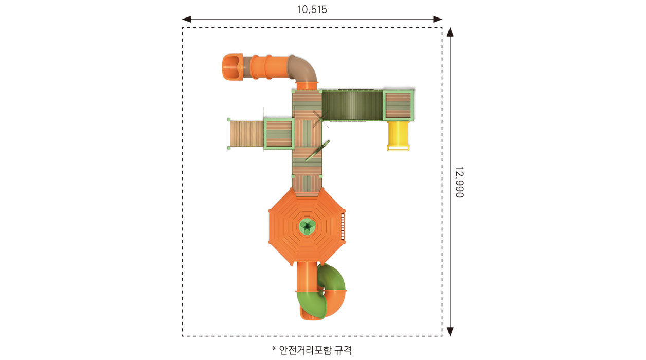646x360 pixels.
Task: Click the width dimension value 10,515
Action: tap(312, 10)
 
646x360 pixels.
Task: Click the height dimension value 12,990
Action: tap(459, 182)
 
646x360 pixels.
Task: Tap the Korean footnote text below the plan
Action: tap(312, 350)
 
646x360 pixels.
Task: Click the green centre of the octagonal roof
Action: tap(307, 226)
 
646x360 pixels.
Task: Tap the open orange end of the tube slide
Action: tap(232, 67)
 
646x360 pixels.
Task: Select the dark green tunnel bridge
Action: tap(352, 105)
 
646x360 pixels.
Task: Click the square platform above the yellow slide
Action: tap(398, 105)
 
